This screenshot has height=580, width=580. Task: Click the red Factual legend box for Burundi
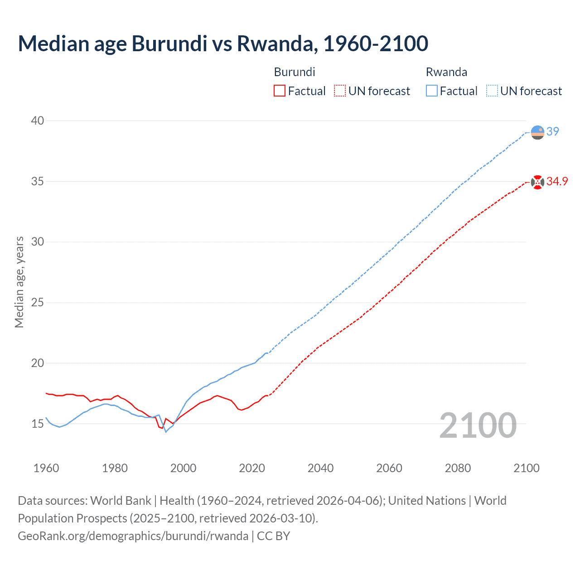(280, 91)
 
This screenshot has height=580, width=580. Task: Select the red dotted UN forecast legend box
(340, 91)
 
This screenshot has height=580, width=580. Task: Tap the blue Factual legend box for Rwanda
(432, 91)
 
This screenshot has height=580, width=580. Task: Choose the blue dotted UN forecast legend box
(492, 91)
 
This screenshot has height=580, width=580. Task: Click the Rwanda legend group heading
(446, 72)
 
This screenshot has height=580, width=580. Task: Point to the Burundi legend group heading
(295, 72)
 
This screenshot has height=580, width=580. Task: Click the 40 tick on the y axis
(38, 121)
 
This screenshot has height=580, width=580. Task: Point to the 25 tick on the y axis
(38, 302)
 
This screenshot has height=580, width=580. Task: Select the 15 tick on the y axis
(38, 424)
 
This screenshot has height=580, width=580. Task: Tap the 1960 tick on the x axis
(46, 468)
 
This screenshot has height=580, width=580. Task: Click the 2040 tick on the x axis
(320, 468)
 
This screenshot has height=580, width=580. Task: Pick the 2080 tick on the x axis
(458, 468)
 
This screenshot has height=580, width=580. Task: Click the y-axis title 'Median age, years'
(19, 282)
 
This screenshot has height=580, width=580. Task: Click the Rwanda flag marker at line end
(537, 132)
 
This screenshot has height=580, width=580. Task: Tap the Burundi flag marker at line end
(537, 182)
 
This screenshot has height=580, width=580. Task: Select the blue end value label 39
(553, 131)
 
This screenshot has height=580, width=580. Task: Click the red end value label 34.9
(557, 182)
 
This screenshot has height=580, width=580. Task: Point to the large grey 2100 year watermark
(478, 425)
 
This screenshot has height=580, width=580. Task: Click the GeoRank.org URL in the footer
(133, 536)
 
